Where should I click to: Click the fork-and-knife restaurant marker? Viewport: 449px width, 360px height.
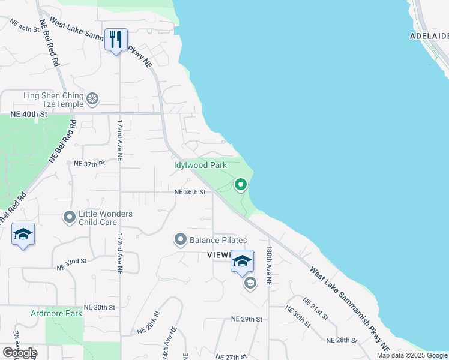click(116, 40)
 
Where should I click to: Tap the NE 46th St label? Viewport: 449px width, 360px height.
click(24, 25)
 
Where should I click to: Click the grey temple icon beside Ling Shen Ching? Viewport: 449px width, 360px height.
click(92, 98)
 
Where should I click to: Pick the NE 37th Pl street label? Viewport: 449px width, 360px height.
click(89, 163)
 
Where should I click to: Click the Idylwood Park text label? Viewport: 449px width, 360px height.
click(200, 164)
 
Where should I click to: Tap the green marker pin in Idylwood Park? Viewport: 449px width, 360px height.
click(241, 185)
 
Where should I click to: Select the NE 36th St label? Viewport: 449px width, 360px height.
click(190, 192)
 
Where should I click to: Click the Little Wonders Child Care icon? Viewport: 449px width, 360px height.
click(70, 217)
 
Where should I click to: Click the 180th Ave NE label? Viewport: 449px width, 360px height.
click(270, 265)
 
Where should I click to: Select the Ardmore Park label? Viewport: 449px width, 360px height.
click(56, 313)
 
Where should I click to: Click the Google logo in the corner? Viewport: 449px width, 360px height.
click(19, 352)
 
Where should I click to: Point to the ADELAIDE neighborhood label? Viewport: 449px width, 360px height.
click(429, 36)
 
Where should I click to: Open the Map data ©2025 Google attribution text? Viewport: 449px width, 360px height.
click(412, 355)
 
